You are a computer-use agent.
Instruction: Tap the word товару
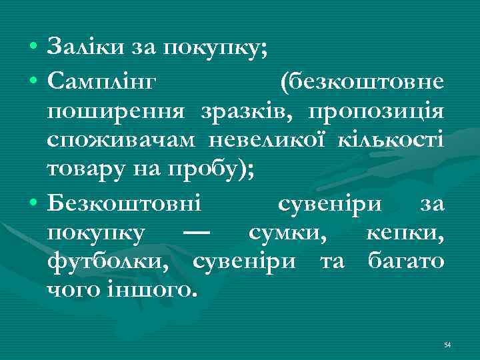coord(81,169)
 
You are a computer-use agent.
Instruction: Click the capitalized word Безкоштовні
coord(128,203)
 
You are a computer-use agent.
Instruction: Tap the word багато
coord(406,261)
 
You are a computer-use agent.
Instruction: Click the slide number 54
coord(447,345)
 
